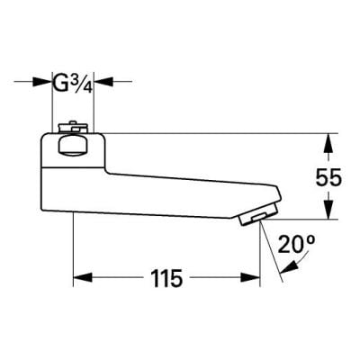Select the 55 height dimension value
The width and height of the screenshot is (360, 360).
click(x=328, y=177)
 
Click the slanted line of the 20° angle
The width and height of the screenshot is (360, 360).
click(x=272, y=255)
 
